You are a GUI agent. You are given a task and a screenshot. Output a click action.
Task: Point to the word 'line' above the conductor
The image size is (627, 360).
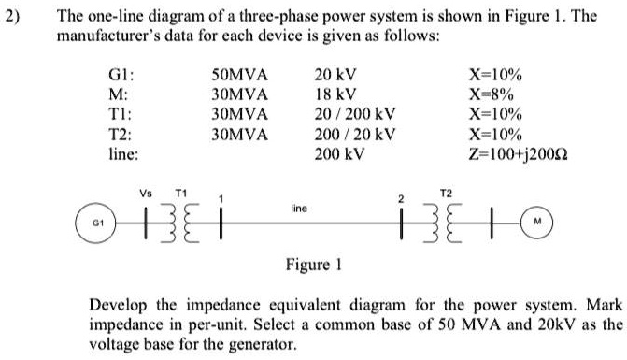299,209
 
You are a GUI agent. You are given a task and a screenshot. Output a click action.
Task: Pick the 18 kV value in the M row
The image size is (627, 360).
335,95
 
